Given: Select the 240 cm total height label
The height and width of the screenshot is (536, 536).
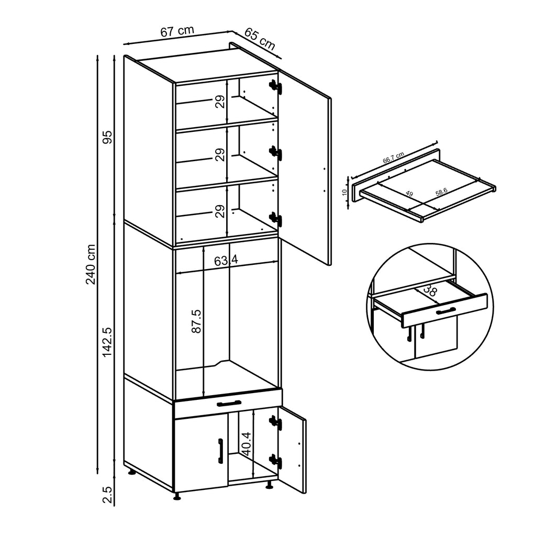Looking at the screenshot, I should click(91, 264).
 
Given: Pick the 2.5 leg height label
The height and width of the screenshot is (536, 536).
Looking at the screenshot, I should click(107, 494).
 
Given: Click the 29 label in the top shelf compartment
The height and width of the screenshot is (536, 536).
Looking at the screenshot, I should click(220, 101).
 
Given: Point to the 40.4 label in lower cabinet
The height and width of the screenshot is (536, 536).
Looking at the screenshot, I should click(247, 443).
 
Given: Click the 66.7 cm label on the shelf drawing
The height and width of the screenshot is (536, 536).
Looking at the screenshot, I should click(393, 158).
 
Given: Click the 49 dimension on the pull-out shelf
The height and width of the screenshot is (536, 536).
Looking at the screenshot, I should click(409, 194).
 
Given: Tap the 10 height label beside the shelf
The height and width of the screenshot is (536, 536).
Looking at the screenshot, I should click(343, 192).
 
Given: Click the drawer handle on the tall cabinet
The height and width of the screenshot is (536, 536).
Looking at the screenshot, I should click(228, 403).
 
